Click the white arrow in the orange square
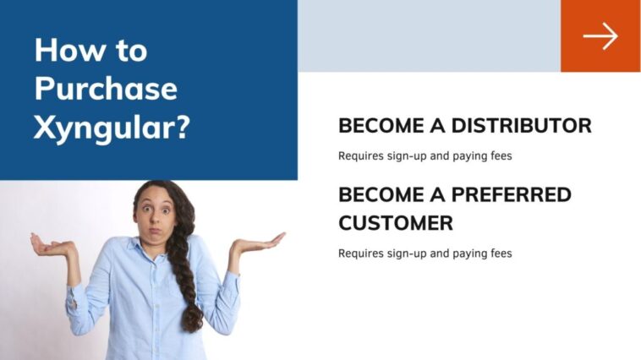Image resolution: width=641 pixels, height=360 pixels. [600, 36]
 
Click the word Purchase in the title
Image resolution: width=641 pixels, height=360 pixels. [106, 90]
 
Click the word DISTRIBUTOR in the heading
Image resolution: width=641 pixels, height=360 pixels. [521, 126]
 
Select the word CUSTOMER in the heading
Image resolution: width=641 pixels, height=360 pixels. [395, 223]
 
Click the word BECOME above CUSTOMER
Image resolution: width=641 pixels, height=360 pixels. [380, 194]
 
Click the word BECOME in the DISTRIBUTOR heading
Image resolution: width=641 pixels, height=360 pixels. [380, 126]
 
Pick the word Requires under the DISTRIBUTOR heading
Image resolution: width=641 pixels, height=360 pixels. [359, 156]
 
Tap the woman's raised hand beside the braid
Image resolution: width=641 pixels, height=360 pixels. [255, 244]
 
